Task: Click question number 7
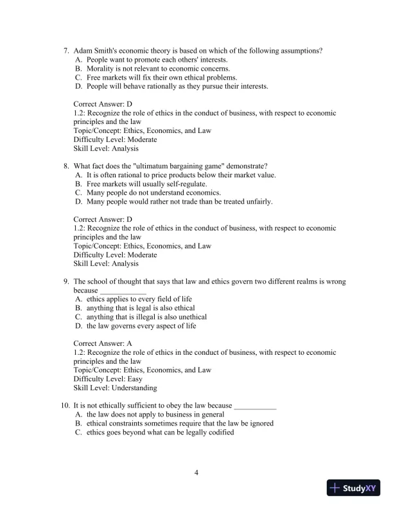pos(65,50)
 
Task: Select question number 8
pos(65,166)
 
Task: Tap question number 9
pos(65,281)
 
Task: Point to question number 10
pos(64,406)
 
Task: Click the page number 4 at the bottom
pos(197,474)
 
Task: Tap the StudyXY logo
pos(352,488)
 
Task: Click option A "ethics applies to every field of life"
pos(139,299)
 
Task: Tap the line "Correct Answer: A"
pos(103,344)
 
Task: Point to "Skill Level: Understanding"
pos(115,388)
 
